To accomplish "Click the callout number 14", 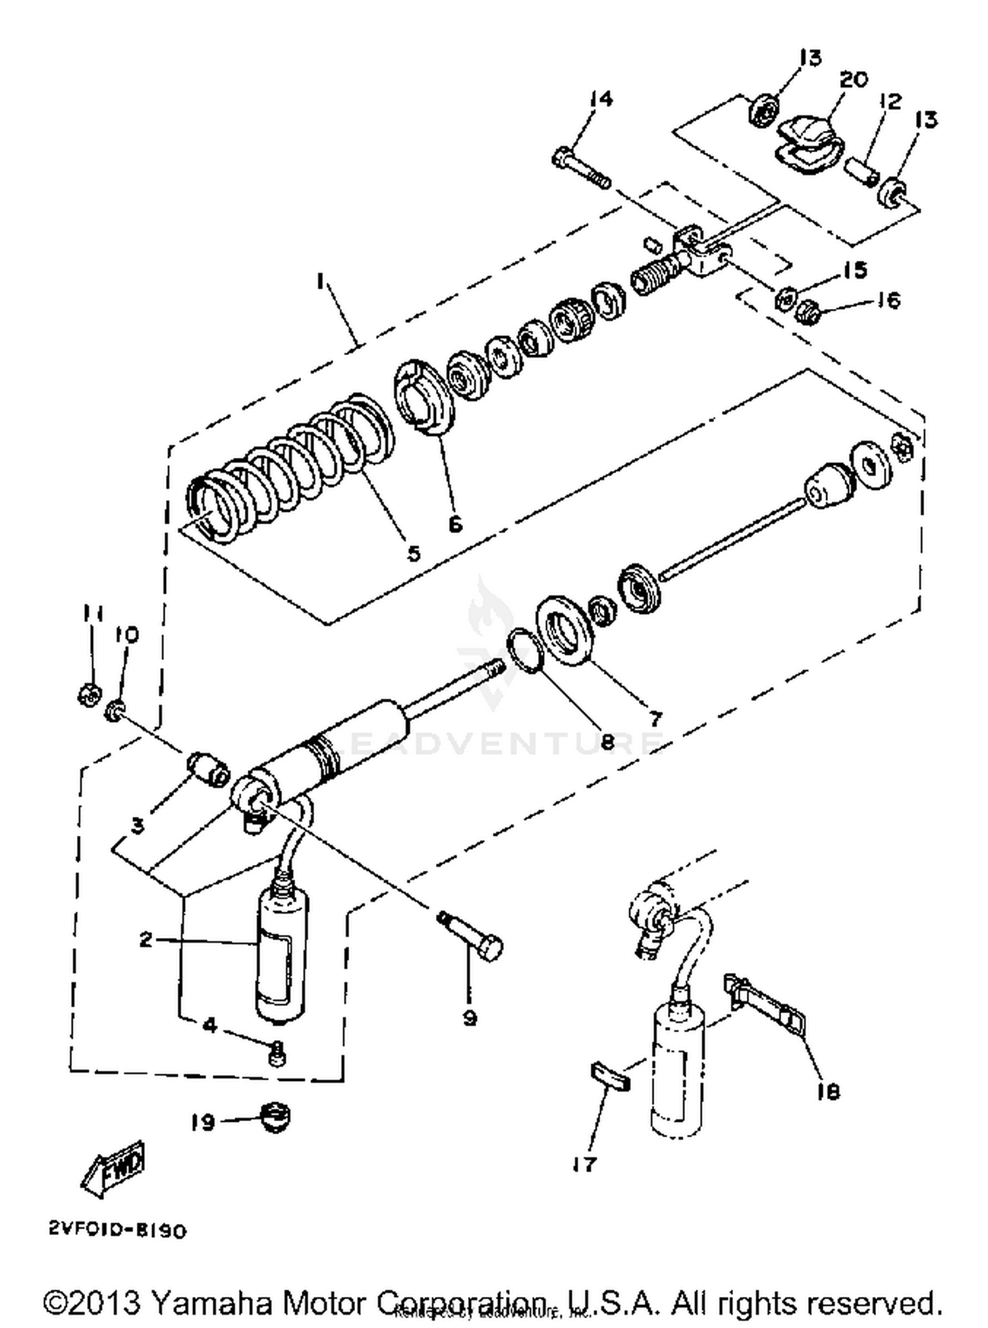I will click(601, 99).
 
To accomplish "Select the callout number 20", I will click(854, 79).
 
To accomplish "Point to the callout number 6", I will click(455, 524).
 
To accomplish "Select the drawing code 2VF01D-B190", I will click(117, 1231).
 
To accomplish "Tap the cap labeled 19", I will click(275, 1118).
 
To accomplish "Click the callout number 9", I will click(469, 1018).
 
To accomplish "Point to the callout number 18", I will click(828, 1092).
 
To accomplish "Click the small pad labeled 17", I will click(610, 1076).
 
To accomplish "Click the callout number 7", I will click(654, 717).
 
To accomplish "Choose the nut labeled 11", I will click(88, 694).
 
